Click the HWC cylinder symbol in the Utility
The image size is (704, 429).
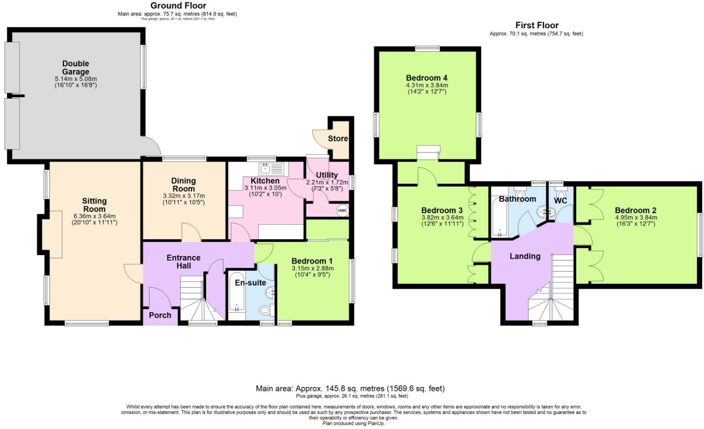tap(342, 210)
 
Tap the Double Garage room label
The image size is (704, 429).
tap(76, 68)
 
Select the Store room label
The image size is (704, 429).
tap(338, 138)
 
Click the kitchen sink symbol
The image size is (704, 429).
tap(271, 169)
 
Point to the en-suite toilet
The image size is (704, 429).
tap(265, 310)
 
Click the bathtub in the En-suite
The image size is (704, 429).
tap(237, 292)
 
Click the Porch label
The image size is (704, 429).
tap(160, 315)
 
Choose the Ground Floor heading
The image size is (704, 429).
tap(178, 6)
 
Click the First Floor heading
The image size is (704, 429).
tap(537, 25)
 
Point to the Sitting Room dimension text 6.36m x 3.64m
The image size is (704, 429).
tap(94, 216)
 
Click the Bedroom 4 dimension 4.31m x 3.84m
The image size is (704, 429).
tap(427, 85)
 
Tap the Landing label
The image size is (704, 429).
tap(525, 256)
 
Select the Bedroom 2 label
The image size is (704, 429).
tap(636, 210)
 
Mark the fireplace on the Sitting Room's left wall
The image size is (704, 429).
tap(55, 234)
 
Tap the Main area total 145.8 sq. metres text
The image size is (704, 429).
tap(350, 388)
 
